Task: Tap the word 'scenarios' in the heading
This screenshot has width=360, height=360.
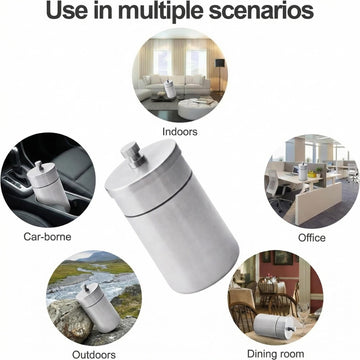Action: [261, 10]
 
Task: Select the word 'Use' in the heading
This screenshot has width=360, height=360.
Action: [65, 10]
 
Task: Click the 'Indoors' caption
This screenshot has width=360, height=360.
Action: [180, 131]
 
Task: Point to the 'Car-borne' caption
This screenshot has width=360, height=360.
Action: [47, 237]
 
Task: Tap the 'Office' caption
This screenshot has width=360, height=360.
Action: [312, 238]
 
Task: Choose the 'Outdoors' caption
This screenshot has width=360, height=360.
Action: [94, 354]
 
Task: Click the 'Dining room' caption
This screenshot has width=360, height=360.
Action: [276, 354]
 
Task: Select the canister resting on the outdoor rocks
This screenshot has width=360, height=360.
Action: [98, 307]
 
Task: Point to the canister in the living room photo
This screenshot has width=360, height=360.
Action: [170, 88]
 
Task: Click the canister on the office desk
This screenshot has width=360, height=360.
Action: [303, 171]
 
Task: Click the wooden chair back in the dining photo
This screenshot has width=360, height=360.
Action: [243, 318]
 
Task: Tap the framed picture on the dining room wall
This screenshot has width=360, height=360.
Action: [283, 258]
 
